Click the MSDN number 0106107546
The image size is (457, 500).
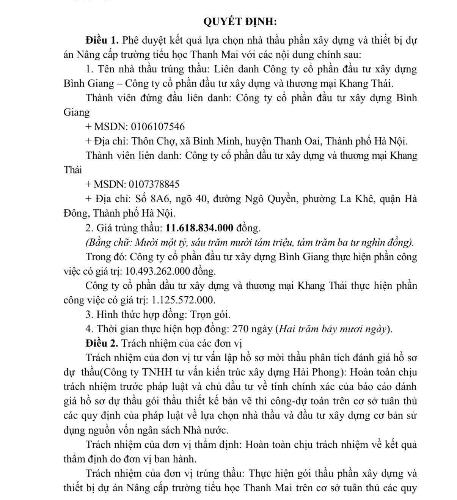point(158,127)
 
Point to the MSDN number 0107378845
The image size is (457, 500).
point(154,185)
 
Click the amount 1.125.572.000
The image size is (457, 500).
point(183,300)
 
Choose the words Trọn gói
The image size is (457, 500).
point(210,314)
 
